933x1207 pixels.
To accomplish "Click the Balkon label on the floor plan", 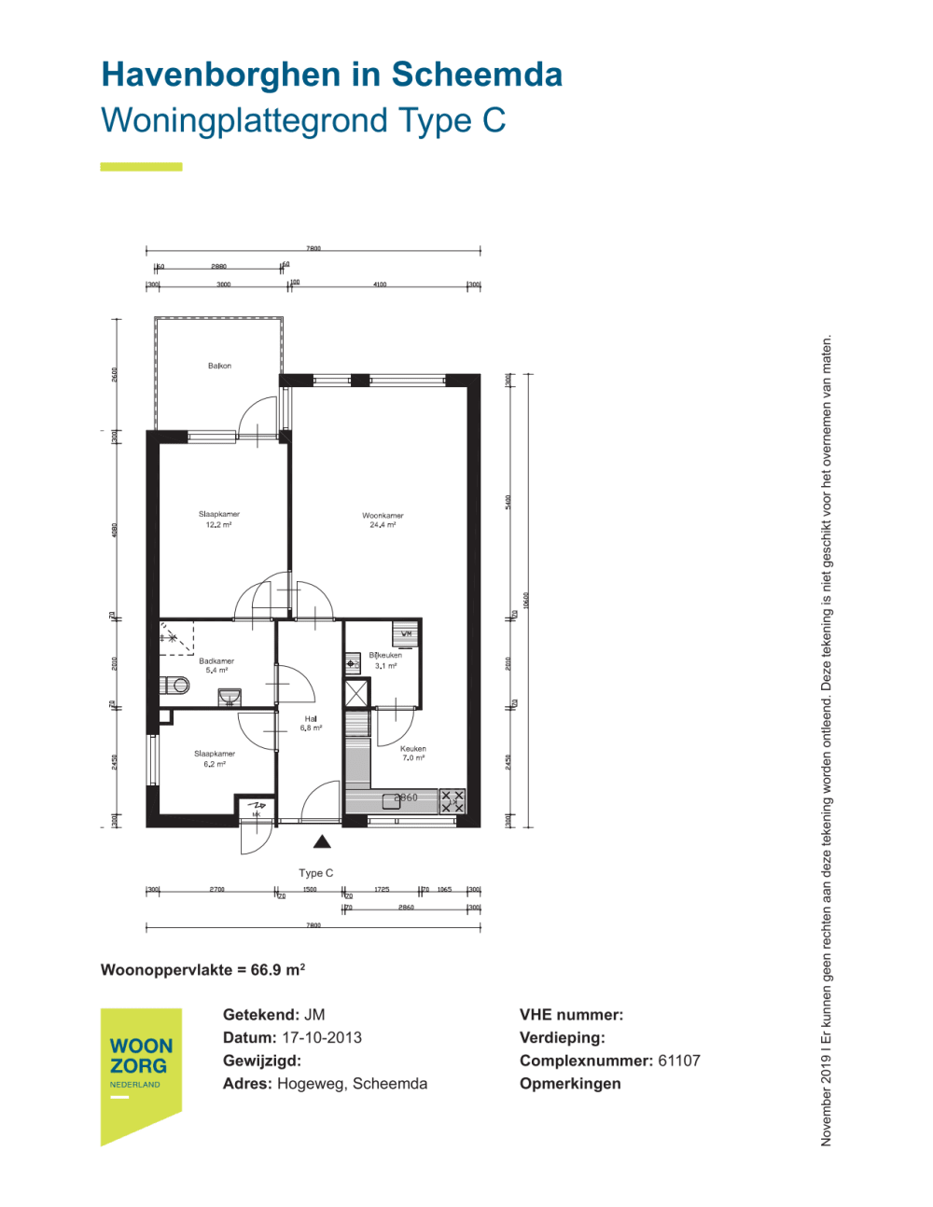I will click(219, 366).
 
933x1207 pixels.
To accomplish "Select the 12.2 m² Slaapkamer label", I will click(218, 520).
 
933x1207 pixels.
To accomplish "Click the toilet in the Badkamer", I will click(174, 686).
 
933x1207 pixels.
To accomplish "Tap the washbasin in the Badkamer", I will click(230, 697).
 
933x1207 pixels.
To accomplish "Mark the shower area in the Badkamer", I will click(176, 637).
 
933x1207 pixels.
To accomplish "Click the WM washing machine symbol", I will click(406, 634).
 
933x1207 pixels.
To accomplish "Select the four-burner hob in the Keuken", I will click(453, 801).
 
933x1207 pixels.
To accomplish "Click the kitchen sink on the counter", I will click(392, 800).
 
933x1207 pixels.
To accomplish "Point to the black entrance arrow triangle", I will click(322, 842).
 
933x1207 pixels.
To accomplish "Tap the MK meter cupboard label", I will click(256, 814).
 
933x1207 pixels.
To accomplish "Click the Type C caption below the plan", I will click(315, 873).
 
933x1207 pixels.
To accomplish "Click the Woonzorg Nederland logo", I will click(141, 1073).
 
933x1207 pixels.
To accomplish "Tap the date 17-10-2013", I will click(322, 1037).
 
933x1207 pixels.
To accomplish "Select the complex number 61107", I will click(678, 1061).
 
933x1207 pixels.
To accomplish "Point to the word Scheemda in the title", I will click(477, 75).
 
